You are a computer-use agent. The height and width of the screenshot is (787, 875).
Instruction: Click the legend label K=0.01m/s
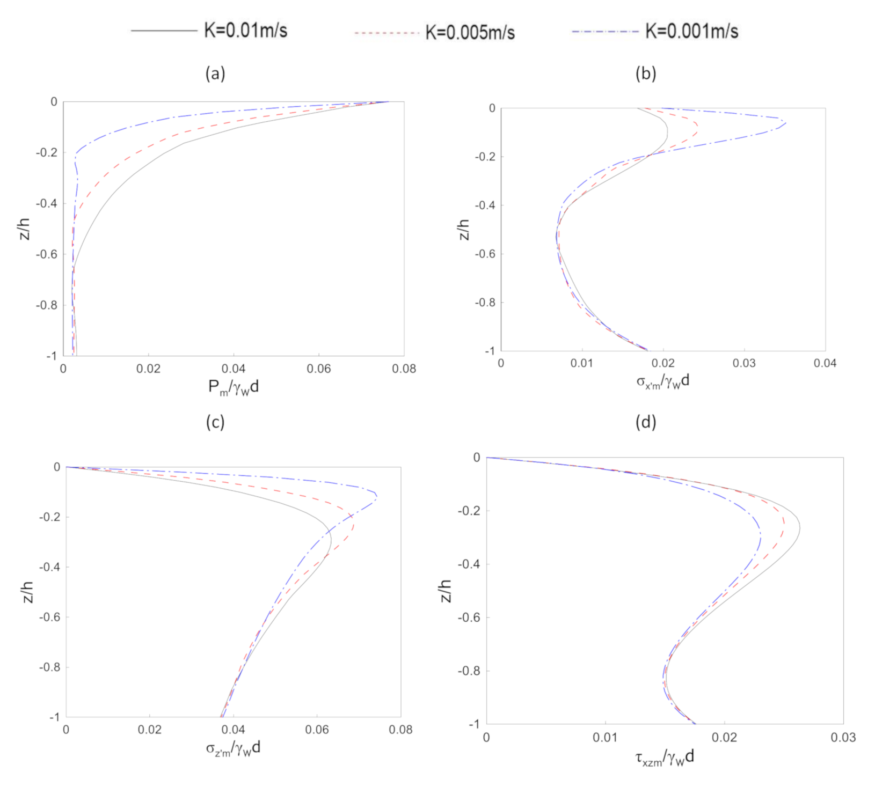pos(245,31)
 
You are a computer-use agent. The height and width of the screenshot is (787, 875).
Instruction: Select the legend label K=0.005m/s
pos(470,33)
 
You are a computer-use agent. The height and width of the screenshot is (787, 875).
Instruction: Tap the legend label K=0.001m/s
pos(691,31)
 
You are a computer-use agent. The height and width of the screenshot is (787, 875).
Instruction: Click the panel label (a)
pos(215,73)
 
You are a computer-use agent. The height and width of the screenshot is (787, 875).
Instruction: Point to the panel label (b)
pos(645,73)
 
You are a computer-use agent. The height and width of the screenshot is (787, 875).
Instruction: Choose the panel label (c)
pos(215,422)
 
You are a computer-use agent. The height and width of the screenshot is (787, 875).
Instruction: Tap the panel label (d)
pos(645,422)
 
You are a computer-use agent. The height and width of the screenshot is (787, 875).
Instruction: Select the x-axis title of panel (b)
pos(662,381)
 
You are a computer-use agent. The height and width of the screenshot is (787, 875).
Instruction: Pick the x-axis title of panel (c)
pos(234,748)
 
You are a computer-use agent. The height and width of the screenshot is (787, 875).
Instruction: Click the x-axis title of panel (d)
pos(665,757)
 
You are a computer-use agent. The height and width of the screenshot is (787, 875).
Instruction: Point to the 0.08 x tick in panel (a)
pos(404,369)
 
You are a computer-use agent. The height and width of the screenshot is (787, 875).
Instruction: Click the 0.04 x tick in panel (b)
pos(825,364)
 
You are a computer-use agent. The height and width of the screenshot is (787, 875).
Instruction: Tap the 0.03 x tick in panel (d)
pos(843,738)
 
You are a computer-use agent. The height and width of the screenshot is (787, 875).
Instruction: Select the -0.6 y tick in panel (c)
pos(49,617)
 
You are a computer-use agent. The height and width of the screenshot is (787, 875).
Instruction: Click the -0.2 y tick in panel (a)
pos(46,152)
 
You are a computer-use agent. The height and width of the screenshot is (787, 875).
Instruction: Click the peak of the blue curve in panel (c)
pos(376,498)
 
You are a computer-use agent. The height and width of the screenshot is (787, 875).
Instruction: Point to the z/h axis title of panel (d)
pos(446,590)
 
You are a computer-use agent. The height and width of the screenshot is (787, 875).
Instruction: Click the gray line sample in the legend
pos(164,31)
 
